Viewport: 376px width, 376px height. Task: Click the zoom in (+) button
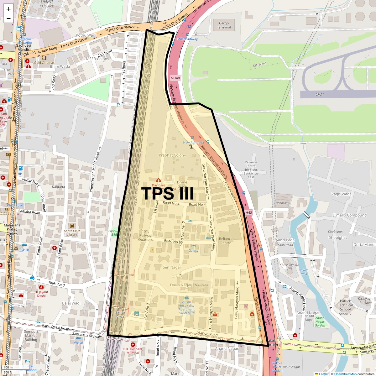click(x=8, y=9)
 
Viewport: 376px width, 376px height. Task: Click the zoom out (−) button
click(x=8, y=18)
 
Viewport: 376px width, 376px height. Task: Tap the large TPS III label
click(x=168, y=194)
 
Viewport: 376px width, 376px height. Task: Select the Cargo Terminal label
click(x=224, y=25)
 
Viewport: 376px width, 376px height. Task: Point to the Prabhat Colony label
click(x=172, y=155)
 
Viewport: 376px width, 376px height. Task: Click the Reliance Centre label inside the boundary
click(x=226, y=241)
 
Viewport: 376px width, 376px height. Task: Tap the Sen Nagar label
click(x=172, y=267)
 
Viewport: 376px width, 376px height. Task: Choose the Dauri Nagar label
click(x=181, y=285)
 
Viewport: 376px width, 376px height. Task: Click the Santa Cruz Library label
click(x=72, y=233)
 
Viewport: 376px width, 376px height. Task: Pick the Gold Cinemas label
click(x=44, y=63)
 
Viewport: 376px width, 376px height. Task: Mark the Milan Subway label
click(x=187, y=39)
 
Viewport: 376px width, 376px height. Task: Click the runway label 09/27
click(x=319, y=94)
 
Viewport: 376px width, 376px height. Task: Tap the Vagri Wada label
click(x=341, y=194)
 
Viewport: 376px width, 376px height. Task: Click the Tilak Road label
click(x=56, y=284)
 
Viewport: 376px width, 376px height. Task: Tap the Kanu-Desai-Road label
click(x=55, y=327)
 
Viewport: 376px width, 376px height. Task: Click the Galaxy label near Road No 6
click(x=193, y=251)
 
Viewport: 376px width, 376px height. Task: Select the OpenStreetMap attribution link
click(x=345, y=374)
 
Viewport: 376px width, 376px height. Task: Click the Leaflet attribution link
click(x=324, y=374)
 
